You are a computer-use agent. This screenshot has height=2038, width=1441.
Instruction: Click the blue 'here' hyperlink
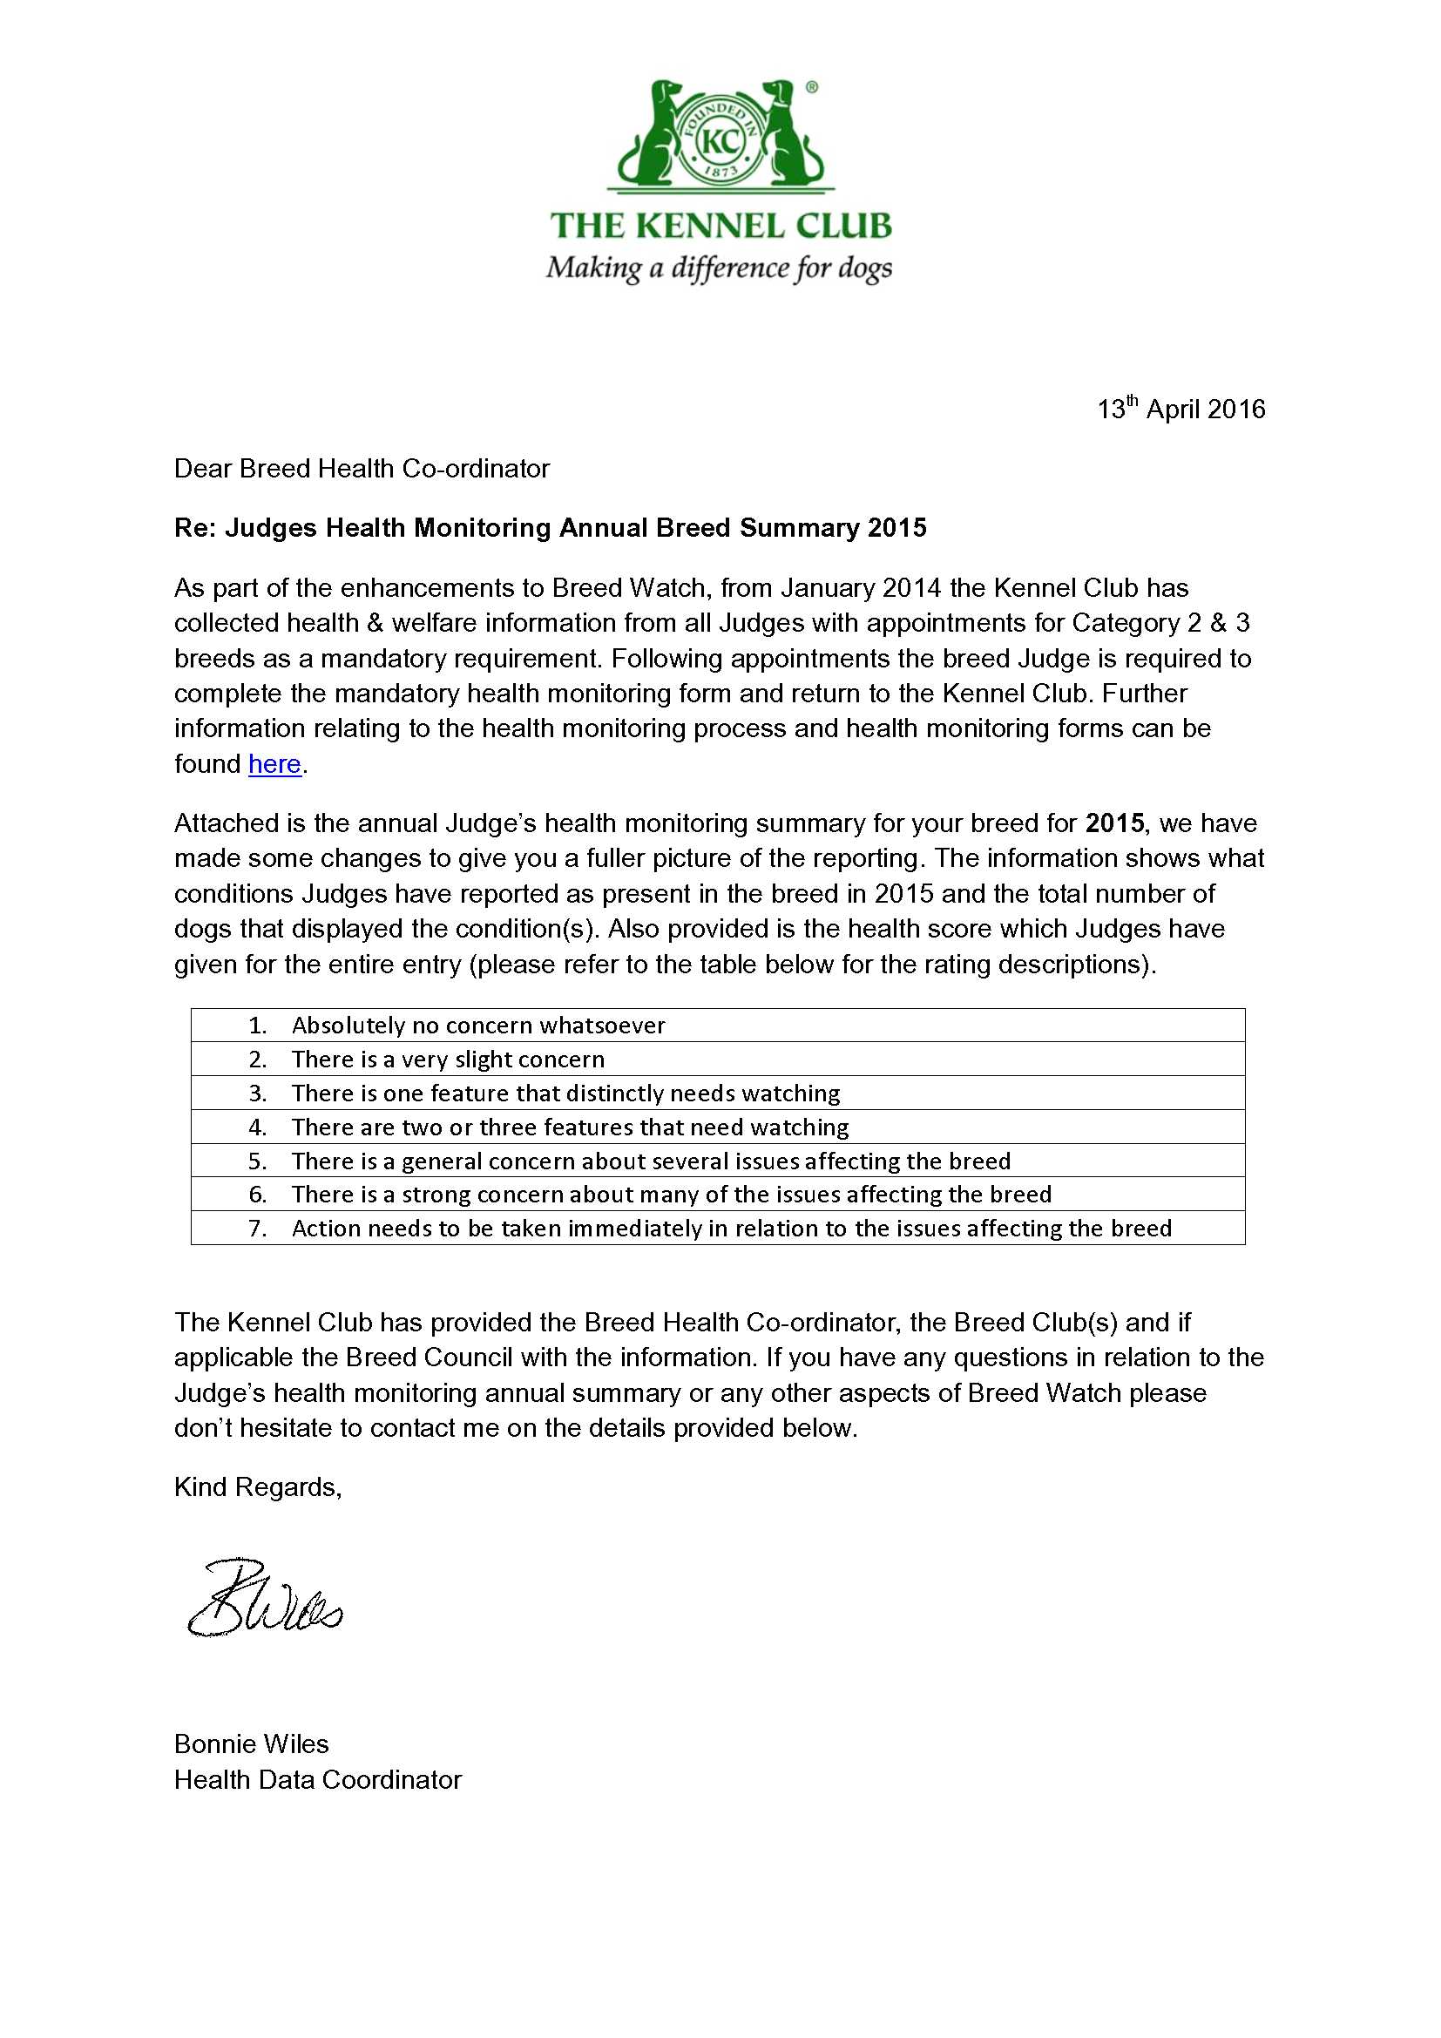274,764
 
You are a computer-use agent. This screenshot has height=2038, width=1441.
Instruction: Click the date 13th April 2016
1181,410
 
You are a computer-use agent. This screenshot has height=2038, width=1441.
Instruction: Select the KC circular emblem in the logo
720,140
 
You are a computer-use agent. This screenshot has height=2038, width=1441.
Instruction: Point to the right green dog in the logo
788,133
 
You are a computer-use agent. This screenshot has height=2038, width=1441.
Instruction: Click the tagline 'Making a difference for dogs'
719,268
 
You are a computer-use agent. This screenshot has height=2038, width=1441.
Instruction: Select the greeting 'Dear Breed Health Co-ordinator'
362,469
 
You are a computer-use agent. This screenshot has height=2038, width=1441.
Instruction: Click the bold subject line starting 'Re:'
550,528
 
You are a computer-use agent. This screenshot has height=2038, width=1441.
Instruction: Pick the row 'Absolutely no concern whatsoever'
477,1026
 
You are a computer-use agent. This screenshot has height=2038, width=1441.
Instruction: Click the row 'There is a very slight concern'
447,1059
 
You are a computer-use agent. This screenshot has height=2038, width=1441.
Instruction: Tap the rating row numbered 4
570,1127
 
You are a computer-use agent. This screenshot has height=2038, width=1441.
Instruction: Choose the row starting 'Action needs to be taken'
731,1229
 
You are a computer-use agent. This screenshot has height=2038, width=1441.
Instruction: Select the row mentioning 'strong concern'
671,1195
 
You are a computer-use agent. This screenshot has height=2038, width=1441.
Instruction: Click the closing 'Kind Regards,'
257,1486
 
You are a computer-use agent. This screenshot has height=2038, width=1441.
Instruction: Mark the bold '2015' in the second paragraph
1114,823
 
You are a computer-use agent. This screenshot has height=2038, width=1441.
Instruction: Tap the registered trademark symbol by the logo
811,87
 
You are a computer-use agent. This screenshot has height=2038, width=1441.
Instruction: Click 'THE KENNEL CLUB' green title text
720,226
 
